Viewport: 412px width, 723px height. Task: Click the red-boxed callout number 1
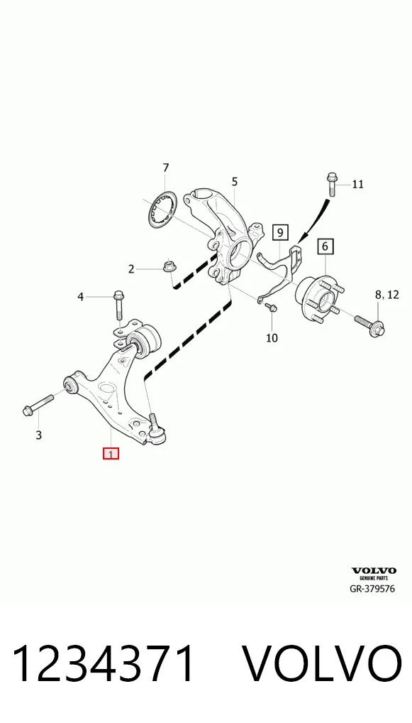tap(111, 454)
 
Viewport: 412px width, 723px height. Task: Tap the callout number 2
tap(131, 269)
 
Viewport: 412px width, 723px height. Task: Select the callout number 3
tap(39, 435)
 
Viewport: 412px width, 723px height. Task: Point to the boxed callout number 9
tap(280, 232)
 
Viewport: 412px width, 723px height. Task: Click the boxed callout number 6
tap(325, 246)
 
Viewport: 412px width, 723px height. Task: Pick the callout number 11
tap(357, 185)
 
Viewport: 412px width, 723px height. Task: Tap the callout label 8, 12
tap(386, 295)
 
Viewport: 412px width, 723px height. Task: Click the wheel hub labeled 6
tap(318, 295)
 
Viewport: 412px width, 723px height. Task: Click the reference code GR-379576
tap(372, 589)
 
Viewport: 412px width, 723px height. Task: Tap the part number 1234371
tap(104, 663)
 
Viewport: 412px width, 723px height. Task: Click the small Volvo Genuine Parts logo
tap(374, 574)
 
